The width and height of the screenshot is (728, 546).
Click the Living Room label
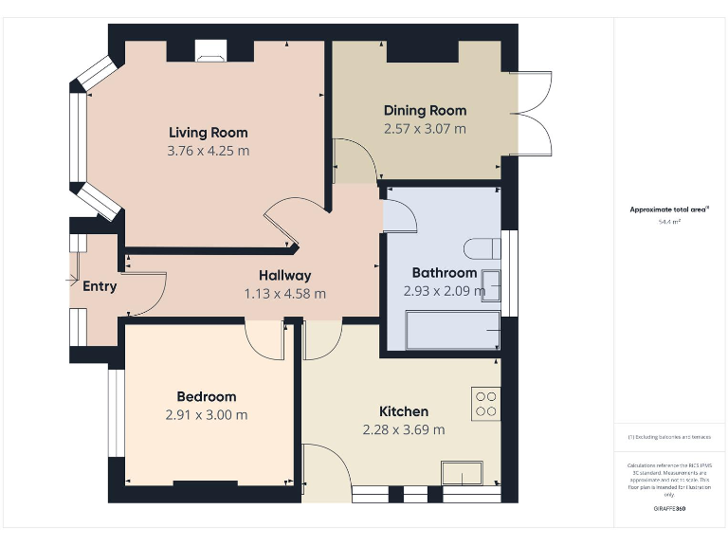tap(208, 132)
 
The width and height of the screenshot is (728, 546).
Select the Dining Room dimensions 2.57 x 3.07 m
tap(425, 128)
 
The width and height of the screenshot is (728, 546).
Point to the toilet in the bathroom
tap(481, 248)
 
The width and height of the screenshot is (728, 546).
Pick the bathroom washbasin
tap(490, 285)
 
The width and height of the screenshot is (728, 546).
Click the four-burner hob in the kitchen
tap(486, 404)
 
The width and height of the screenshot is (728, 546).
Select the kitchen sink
tap(462, 472)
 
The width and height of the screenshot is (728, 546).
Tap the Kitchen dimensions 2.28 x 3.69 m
tap(404, 429)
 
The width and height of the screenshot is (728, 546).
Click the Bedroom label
tap(207, 396)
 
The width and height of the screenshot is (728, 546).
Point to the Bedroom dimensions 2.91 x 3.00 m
tap(207, 414)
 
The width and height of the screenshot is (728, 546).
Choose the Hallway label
tap(284, 276)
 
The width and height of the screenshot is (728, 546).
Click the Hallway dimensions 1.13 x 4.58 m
tap(284, 294)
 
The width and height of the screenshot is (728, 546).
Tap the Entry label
tap(100, 285)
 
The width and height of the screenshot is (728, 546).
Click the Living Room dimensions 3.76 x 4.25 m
tap(208, 150)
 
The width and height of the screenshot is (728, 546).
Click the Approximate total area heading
tap(669, 209)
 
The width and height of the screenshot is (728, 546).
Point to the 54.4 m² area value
tap(669, 222)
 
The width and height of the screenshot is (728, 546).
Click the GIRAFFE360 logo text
tap(669, 509)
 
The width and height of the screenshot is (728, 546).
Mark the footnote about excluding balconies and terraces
tap(669, 437)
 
